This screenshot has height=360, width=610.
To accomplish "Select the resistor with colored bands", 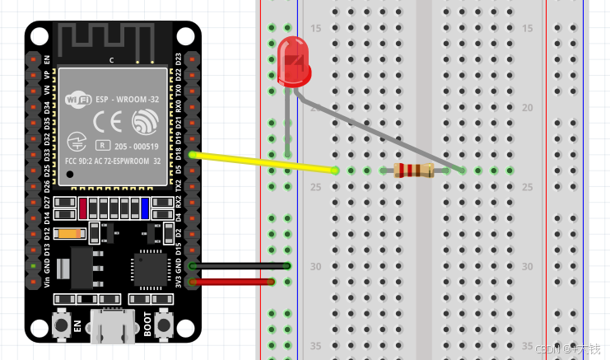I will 413,171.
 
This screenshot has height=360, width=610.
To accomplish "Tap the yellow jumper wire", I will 263,162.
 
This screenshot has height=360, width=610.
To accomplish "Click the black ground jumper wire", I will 239,265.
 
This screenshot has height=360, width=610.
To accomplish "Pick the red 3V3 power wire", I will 234,282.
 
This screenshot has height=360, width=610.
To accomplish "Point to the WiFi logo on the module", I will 78,101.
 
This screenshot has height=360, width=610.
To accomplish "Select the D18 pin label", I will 179,154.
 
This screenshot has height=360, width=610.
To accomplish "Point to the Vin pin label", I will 47,283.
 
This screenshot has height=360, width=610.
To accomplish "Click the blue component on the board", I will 144,207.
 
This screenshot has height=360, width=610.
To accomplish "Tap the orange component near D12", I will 72,233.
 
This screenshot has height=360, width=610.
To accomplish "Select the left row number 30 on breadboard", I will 315,266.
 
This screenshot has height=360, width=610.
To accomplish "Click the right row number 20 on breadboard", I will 528,107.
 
